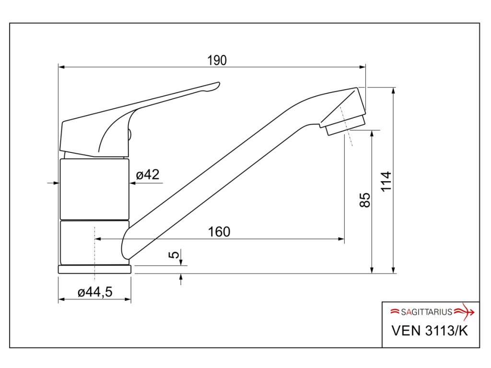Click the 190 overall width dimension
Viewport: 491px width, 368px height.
pos(217,60)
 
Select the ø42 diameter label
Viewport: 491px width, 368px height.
pos(147,175)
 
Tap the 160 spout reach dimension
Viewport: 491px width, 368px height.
pos(219,232)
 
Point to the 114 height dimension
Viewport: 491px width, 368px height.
pos(386,181)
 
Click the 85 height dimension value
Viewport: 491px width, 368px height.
pos(365,200)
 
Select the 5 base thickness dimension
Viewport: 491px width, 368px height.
pos(175,254)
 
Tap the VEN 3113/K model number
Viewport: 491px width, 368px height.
pos(429,331)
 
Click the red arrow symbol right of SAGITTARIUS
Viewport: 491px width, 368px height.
pos(464,312)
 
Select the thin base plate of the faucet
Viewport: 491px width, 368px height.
pos(94,269)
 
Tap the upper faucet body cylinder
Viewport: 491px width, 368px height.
pos(94,189)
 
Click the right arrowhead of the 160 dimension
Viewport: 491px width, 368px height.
pos(342,239)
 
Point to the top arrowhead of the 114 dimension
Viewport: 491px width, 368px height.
pos(394,90)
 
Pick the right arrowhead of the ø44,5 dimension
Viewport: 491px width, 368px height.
pos(129,299)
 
